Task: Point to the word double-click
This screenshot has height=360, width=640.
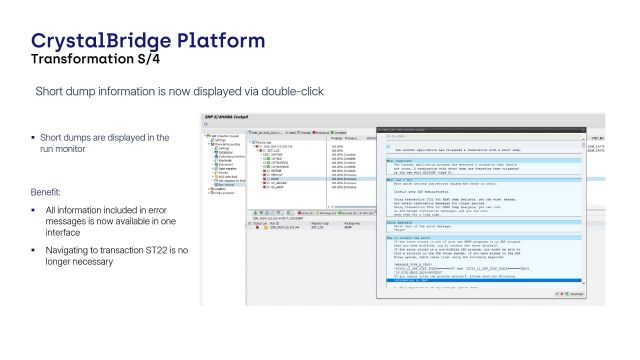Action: [x=289, y=92]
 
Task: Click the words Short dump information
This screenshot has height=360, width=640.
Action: [x=94, y=92]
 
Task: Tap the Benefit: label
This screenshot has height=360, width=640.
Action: [x=48, y=190]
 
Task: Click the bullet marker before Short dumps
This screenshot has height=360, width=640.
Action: [x=33, y=137]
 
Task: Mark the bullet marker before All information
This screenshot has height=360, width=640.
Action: [x=33, y=210]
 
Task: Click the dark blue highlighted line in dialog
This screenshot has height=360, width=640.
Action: [x=480, y=280]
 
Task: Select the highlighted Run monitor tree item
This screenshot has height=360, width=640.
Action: [x=227, y=185]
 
